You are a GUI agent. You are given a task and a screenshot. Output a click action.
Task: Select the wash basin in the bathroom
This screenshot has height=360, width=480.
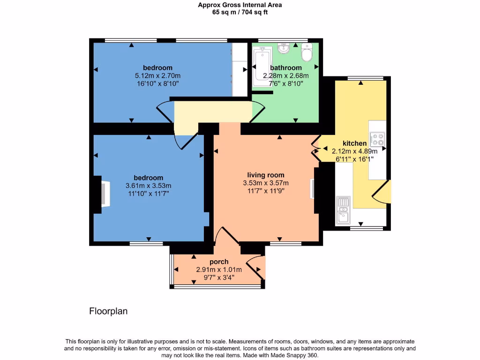coord(283,48)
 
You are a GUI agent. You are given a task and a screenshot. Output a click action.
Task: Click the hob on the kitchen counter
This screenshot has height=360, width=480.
coord(377,139)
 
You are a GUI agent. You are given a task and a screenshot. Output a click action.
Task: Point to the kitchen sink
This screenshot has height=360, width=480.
coord(343,210)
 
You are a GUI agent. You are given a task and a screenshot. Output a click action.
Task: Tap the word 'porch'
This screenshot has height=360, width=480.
coord(219,262)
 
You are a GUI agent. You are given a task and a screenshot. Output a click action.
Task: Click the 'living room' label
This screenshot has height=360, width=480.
coord(266,175)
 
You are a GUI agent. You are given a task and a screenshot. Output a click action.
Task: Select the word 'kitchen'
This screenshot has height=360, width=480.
coord(354,143)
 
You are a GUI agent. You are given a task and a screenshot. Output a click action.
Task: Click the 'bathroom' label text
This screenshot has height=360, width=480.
coord(285,68)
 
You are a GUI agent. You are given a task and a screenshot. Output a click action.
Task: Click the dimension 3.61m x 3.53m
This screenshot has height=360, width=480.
coord(148,185)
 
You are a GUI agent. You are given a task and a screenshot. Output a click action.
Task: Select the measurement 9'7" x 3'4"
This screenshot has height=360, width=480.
coord(219,277)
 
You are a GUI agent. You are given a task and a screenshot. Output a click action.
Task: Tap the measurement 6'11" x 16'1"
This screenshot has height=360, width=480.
coord(354,159)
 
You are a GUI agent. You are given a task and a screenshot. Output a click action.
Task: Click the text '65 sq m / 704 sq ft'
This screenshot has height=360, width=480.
coord(240,12)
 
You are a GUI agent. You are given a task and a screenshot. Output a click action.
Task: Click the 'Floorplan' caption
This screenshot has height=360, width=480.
coord(108,311)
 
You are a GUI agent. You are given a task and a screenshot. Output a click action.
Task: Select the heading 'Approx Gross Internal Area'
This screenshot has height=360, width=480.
coord(240,5)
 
